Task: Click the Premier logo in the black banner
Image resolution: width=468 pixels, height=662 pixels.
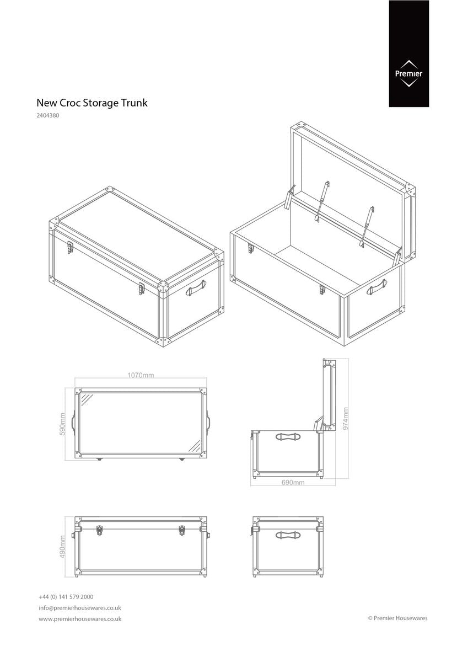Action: tap(408, 73)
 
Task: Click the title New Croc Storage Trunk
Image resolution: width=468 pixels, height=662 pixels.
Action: tap(92, 103)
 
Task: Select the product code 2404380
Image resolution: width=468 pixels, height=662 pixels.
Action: tap(48, 116)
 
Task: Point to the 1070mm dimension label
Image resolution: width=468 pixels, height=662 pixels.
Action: tap(141, 375)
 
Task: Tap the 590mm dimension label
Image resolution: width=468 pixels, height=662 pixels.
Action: tap(63, 424)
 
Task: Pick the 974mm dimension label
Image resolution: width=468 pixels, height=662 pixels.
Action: tap(345, 419)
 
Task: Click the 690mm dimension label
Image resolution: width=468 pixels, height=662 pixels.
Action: tap(293, 482)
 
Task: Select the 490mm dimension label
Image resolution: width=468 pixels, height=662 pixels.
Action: tap(63, 546)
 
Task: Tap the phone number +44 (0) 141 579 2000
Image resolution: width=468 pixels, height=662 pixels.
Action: tap(66, 597)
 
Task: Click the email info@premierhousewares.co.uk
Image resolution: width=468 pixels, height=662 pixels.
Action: tap(80, 608)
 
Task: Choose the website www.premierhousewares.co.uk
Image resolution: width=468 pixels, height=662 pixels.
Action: tap(80, 619)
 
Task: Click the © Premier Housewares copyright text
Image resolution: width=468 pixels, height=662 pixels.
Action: tap(397, 618)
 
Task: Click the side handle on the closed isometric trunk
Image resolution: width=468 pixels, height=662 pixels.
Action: tap(196, 287)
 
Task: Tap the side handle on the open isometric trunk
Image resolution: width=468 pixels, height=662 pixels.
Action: tap(378, 285)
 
